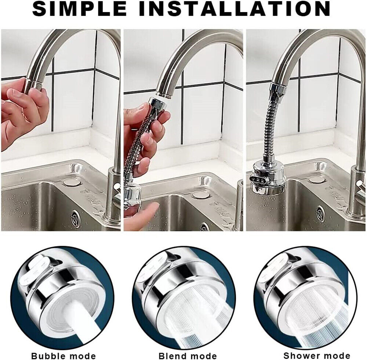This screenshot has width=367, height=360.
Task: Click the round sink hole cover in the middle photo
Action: pyautogui.click(x=201, y=195)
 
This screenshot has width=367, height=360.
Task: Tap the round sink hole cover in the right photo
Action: pyautogui.click(x=316, y=179)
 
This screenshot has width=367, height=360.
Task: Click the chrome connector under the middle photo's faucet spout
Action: pyautogui.click(x=158, y=103)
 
